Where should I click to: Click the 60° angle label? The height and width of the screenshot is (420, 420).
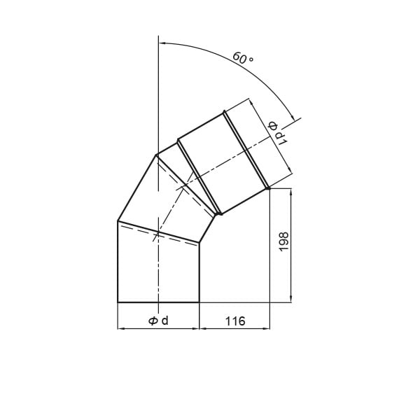(243, 58)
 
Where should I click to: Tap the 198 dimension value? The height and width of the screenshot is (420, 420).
(284, 241)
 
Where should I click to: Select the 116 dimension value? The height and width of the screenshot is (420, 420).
(235, 321)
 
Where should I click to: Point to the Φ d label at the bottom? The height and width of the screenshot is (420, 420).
(158, 321)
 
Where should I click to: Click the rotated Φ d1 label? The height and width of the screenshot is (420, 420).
(278, 133)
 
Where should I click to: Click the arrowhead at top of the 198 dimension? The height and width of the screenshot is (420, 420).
(291, 192)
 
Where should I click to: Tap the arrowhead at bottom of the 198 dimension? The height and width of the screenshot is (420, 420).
(291, 299)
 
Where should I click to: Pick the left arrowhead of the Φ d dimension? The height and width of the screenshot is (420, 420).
(121, 328)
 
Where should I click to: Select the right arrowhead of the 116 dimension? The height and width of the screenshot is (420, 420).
(267, 328)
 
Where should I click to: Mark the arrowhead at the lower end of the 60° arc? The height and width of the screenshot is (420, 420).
(293, 118)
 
